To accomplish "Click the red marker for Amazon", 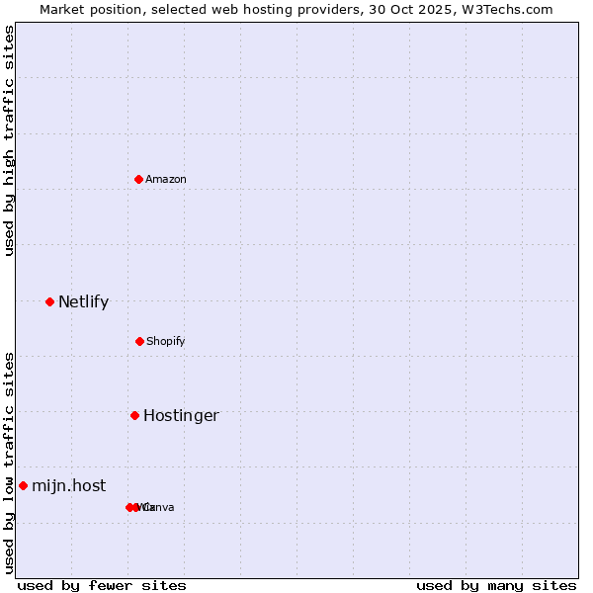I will click(x=139, y=179).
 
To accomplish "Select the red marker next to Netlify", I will click(x=49, y=301).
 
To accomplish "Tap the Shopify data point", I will click(x=139, y=341).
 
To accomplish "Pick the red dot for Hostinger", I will click(x=134, y=415).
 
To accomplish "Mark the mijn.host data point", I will click(x=23, y=485).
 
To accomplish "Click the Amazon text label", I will click(x=166, y=179).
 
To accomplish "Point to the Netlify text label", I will click(x=83, y=301).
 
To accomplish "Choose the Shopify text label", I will click(x=166, y=341).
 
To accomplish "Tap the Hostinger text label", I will click(x=181, y=415).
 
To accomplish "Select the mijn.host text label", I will click(x=68, y=485).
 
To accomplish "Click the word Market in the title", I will click(x=61, y=9).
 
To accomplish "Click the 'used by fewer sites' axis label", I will click(x=101, y=585).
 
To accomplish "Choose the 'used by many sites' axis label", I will click(x=496, y=585).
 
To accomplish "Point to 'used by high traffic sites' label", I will click(x=9, y=140).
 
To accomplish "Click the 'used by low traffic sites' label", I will click(x=9, y=463).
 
